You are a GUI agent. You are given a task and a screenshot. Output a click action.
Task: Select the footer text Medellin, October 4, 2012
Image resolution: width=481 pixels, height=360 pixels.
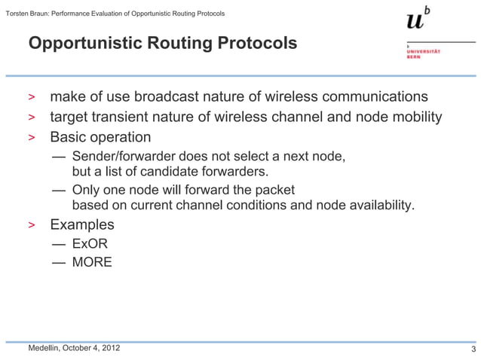point(73,348)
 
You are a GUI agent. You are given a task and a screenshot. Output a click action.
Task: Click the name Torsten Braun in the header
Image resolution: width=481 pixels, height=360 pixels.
point(27,14)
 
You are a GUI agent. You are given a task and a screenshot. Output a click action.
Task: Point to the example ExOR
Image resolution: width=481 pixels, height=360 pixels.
point(90,244)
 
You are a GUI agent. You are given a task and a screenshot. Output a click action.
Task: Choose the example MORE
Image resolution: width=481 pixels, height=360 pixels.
point(92,262)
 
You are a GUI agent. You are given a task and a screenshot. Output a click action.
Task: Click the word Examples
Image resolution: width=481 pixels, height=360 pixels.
point(82,224)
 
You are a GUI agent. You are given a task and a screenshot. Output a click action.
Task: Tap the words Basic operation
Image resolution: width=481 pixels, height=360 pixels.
point(100,137)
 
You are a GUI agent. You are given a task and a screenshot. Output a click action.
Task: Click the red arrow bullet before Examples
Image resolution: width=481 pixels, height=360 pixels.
point(32,225)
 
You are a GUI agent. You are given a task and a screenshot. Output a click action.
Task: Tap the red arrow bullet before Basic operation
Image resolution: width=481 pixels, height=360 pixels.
point(32,138)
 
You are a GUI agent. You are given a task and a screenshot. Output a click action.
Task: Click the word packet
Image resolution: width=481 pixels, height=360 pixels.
point(274,190)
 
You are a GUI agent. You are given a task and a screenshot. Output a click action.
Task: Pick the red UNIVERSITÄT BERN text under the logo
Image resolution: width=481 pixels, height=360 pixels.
point(423,53)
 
